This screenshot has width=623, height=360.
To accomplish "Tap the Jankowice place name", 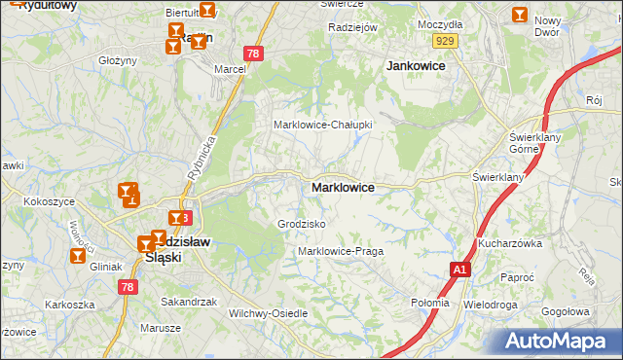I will tap(416, 65).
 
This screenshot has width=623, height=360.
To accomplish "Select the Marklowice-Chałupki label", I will tap(323, 125).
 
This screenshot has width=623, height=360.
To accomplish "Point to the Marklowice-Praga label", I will tap(341, 251).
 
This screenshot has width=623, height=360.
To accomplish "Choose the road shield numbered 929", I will tap(447, 40).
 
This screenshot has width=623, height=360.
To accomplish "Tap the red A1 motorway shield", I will tap(458, 268).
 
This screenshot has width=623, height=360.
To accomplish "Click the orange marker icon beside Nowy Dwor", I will tap(520, 15).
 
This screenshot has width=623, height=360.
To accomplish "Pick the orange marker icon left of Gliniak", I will tap(78, 256).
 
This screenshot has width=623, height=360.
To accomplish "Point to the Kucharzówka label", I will tap(509, 243).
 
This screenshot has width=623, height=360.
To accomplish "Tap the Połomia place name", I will tap(430, 303).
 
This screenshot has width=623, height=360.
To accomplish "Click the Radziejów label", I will tap(352, 27).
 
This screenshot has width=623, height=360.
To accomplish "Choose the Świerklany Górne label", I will tap(531, 143).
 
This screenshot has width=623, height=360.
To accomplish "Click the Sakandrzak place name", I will tap(189, 302).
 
